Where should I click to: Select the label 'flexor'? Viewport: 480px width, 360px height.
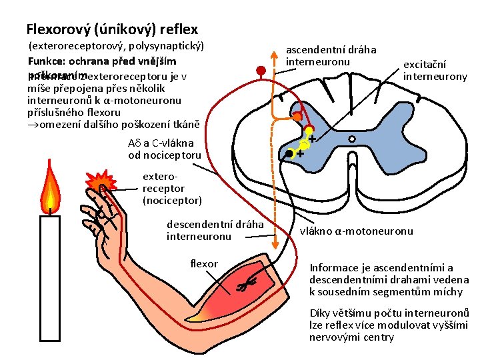[x=204, y=264]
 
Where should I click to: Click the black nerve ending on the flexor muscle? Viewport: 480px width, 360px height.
[x=246, y=285]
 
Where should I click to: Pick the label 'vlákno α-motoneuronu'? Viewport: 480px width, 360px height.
[x=356, y=231]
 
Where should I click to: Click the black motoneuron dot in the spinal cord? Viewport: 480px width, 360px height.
[x=288, y=154]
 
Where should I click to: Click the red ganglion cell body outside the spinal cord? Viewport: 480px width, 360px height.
[x=261, y=70]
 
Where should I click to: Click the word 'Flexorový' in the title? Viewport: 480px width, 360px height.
[x=58, y=29]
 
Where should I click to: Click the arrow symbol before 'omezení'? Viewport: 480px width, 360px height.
[x=32, y=125]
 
